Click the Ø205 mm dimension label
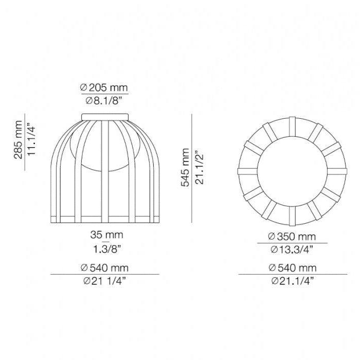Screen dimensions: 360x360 [104, 88]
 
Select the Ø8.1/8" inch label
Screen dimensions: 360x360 [104, 101]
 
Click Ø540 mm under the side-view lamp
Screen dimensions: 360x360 [104, 268]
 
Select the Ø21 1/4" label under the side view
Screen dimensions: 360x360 [104, 281]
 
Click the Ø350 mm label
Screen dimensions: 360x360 [292, 237]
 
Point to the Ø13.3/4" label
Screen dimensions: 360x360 [292, 250]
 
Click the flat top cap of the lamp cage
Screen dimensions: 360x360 [105, 115]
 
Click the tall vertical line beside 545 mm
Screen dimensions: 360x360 [192, 168]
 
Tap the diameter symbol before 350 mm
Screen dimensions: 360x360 [272, 237]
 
